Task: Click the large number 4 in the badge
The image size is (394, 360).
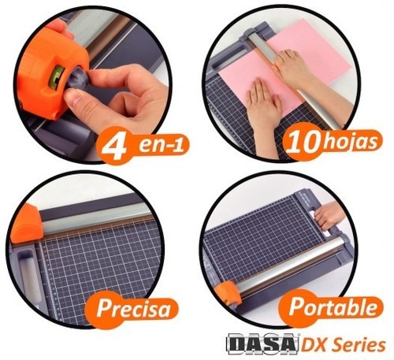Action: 114,147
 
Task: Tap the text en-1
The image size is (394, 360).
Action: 161,145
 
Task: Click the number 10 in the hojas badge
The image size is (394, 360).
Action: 303,142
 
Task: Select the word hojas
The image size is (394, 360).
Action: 349,142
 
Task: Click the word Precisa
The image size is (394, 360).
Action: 133,308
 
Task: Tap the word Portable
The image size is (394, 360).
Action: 333,306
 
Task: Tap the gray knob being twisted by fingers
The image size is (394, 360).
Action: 78,78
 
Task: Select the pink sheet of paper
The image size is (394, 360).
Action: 286,69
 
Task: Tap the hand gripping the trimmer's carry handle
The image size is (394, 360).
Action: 329,215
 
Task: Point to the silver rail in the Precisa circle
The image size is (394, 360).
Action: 95,215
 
